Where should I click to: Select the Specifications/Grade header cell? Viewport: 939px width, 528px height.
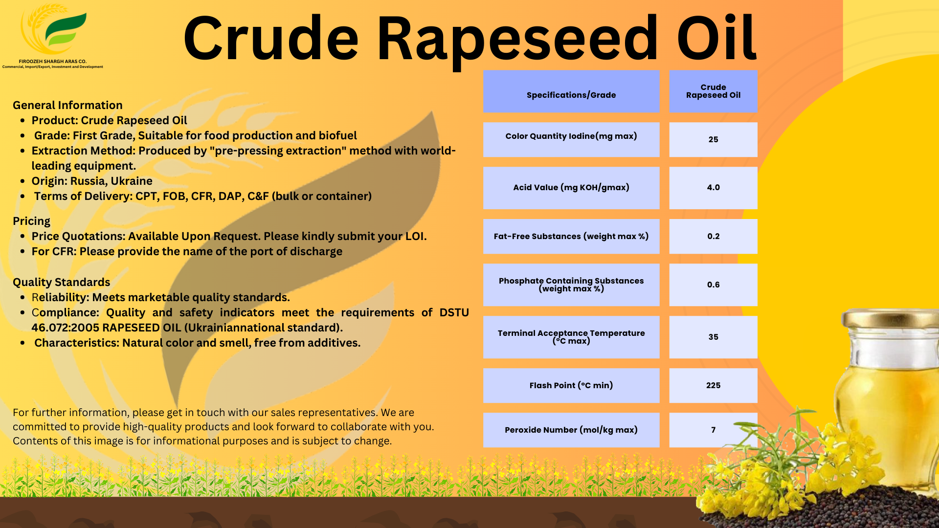(x=571, y=91)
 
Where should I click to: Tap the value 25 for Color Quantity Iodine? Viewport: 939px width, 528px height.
(x=713, y=139)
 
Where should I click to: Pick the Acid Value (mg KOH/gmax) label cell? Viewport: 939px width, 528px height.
(x=571, y=188)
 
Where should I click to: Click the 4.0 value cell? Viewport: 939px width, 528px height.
(x=713, y=188)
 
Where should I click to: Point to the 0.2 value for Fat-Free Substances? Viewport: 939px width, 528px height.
(x=713, y=237)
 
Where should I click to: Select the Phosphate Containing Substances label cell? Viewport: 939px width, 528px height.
(x=571, y=285)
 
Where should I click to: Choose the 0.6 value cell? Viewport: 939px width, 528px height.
(x=713, y=285)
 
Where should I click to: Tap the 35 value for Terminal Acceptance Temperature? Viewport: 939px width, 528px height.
(x=713, y=337)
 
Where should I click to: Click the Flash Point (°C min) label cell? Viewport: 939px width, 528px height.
(x=571, y=385)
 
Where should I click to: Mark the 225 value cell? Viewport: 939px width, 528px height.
(x=713, y=385)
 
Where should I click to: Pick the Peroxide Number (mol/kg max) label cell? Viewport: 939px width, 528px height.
(x=571, y=430)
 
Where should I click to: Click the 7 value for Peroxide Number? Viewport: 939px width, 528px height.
(x=713, y=430)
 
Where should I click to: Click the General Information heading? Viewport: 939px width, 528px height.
(x=67, y=105)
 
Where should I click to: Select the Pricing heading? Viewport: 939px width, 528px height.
(x=31, y=221)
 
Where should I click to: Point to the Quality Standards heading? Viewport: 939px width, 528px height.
(x=61, y=282)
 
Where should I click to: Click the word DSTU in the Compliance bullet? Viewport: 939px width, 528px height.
(x=454, y=312)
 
